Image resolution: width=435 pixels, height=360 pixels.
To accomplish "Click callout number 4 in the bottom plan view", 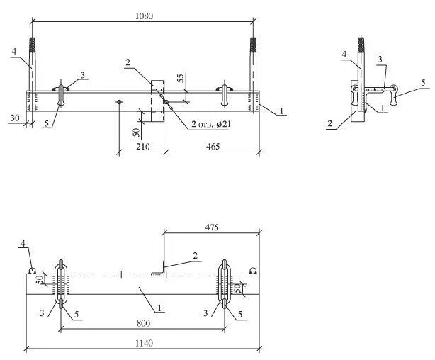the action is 22,244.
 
